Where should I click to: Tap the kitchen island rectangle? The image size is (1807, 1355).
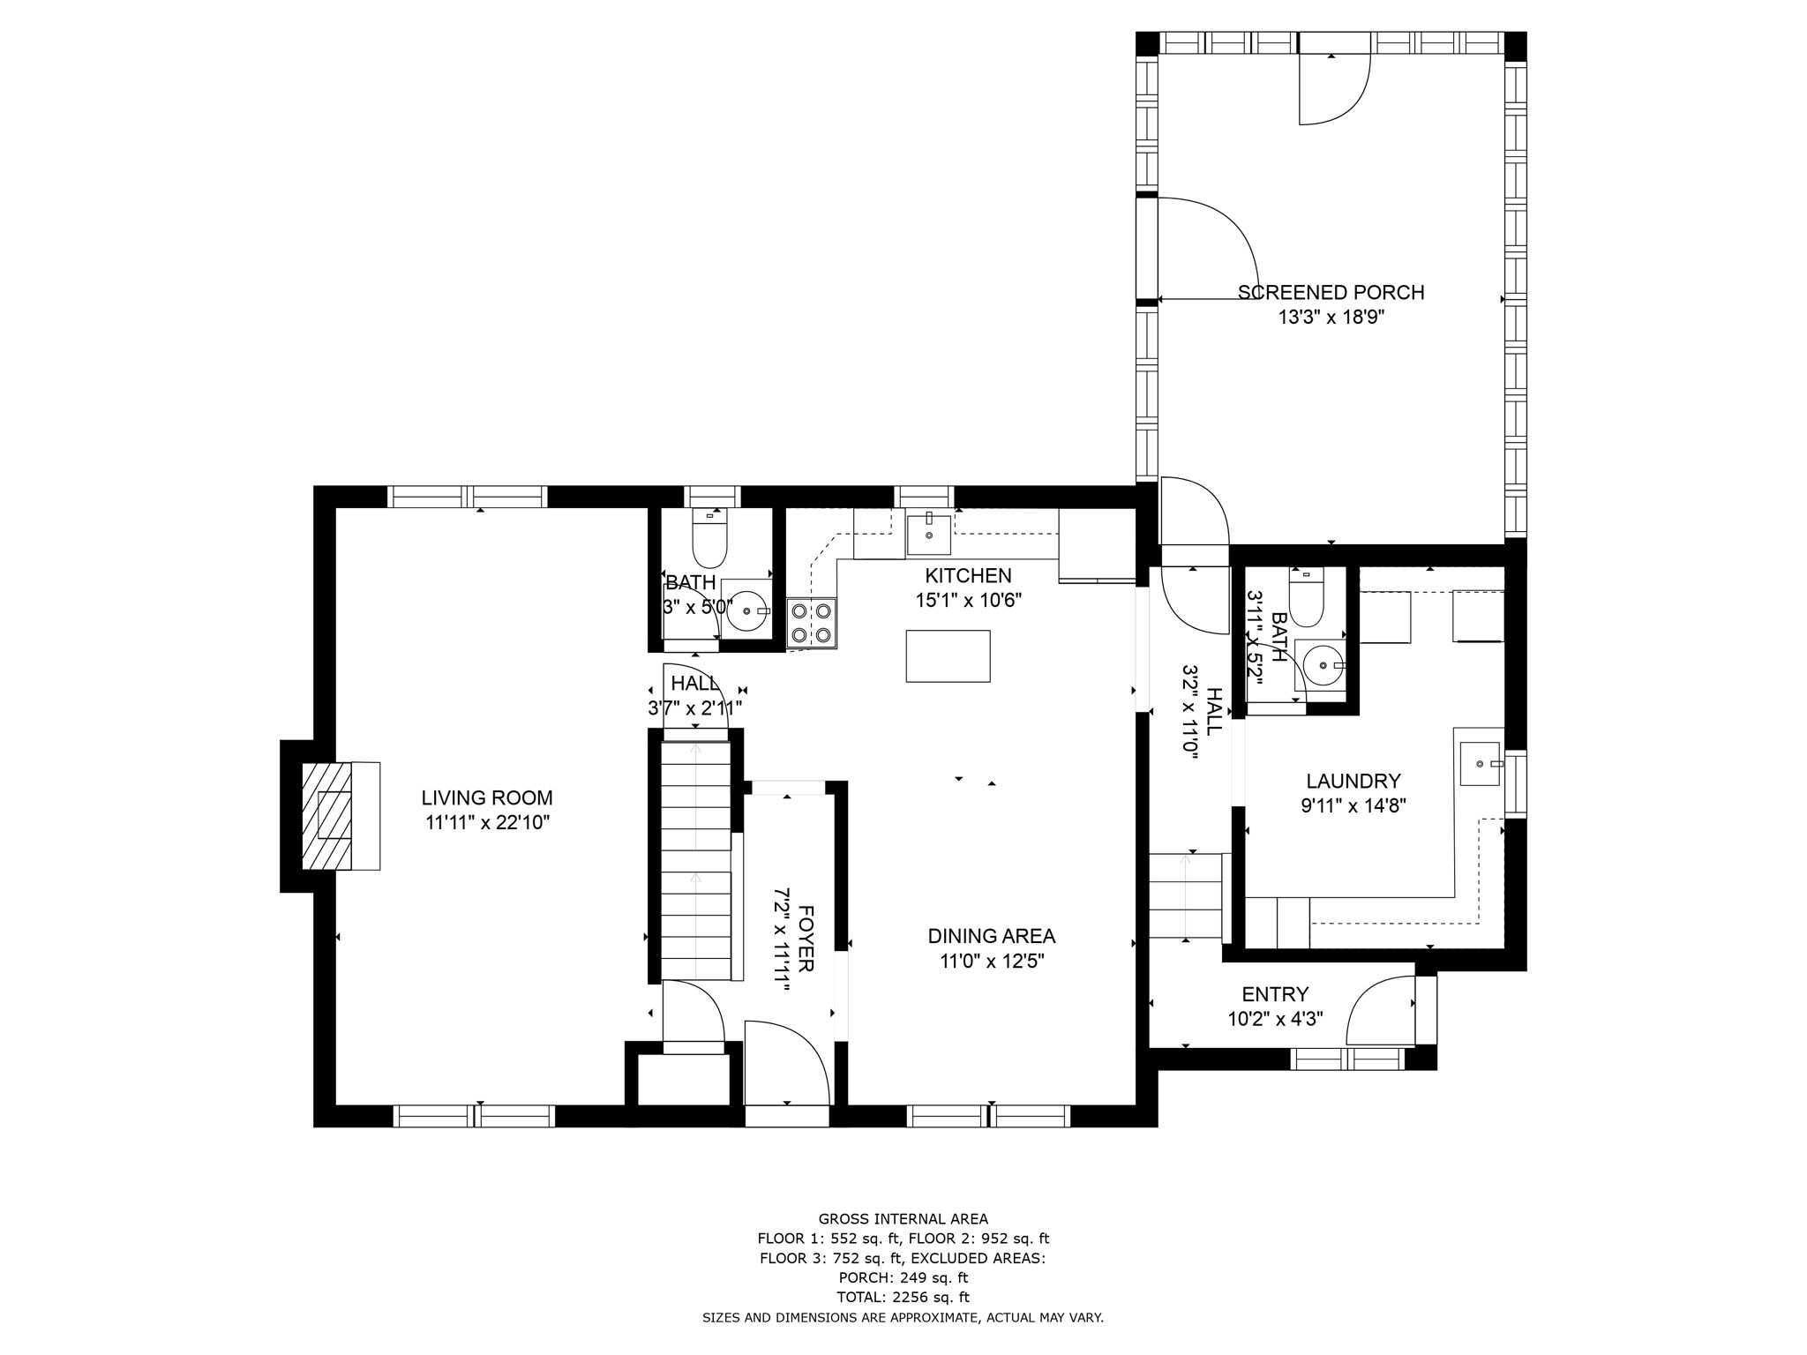point(948,655)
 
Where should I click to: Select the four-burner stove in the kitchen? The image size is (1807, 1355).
point(811,621)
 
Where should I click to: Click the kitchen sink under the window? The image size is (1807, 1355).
point(929,535)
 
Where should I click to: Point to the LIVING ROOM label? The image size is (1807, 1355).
point(486,797)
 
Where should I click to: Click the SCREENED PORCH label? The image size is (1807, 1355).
point(1331,292)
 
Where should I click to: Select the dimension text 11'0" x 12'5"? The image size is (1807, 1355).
point(992,961)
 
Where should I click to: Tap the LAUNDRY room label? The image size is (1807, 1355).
point(1353,781)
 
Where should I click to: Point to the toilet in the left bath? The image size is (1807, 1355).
point(709,541)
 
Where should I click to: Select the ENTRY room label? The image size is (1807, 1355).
point(1275,994)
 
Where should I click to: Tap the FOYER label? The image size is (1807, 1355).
point(805,939)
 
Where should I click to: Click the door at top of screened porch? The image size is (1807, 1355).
point(1332,88)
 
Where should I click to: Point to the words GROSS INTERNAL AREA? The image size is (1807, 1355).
point(903,1219)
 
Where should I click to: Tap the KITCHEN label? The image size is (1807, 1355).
point(968,575)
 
